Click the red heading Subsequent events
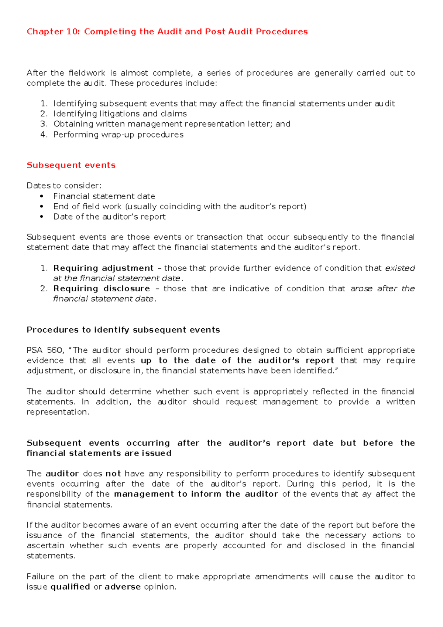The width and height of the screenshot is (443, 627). (71, 165)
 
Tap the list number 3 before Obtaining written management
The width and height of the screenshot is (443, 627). (44, 124)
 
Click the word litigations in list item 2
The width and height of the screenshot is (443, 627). (120, 114)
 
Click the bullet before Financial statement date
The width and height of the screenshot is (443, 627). (42, 196)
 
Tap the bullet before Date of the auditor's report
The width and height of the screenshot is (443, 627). (42, 217)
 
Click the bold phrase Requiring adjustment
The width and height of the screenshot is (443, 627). (103, 268)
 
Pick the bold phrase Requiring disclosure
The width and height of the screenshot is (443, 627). (102, 289)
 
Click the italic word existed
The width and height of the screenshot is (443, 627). (400, 268)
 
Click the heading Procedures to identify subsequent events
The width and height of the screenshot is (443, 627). (123, 330)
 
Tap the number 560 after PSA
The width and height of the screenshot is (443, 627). (55, 350)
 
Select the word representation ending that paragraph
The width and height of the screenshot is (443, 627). (57, 412)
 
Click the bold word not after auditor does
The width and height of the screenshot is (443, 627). (113, 474)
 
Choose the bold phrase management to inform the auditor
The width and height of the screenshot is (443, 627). (196, 494)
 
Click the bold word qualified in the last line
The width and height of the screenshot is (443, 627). (70, 587)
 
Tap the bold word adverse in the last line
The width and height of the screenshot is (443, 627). (123, 587)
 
